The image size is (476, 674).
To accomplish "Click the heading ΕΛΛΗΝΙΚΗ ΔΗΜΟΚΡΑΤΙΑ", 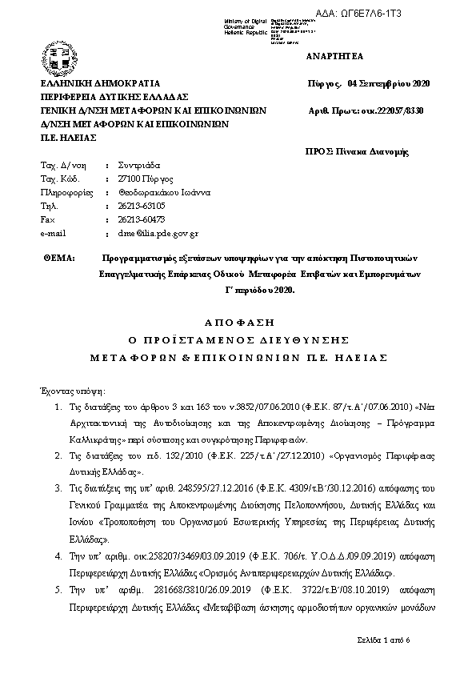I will coord(101,83).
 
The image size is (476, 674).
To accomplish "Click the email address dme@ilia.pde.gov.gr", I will coord(157,234).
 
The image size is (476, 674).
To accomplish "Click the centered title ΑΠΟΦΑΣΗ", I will coord(238,323).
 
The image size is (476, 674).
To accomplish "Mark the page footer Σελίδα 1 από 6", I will coord(383,641).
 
